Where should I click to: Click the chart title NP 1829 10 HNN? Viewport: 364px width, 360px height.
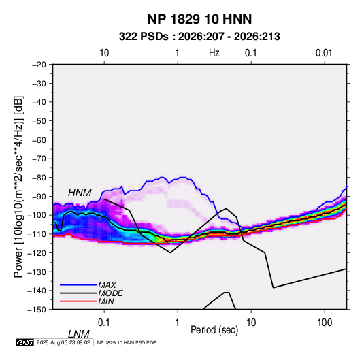click(x=199, y=19)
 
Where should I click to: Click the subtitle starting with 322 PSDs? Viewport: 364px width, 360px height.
click(x=199, y=37)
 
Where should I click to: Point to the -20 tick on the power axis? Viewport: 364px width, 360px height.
click(x=39, y=65)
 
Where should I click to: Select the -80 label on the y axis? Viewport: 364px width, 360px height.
click(x=39, y=178)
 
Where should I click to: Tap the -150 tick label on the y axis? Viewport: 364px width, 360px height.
click(x=37, y=310)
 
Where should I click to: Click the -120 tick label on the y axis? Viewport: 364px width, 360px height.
click(x=37, y=252)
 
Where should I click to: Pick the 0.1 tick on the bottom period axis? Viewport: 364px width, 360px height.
click(x=104, y=323)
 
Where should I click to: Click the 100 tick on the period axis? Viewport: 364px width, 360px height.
click(x=325, y=323)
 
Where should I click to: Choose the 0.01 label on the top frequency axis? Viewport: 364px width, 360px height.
click(x=324, y=53)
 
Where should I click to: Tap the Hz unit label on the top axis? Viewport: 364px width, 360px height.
click(x=214, y=53)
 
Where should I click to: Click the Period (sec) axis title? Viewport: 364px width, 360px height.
click(x=214, y=330)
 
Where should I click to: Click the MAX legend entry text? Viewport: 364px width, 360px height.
click(x=107, y=285)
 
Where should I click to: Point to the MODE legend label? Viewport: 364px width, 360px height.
click(x=110, y=293)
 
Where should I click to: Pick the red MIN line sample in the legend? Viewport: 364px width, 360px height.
click(x=78, y=301)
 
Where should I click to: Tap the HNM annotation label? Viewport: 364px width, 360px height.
click(x=80, y=193)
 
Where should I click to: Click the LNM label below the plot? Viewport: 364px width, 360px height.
click(x=79, y=334)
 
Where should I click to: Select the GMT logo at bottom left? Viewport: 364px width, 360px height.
click(x=24, y=342)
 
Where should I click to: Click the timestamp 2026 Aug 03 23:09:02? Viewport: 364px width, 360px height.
click(x=63, y=342)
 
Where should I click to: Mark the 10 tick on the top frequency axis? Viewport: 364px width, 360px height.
click(x=104, y=53)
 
